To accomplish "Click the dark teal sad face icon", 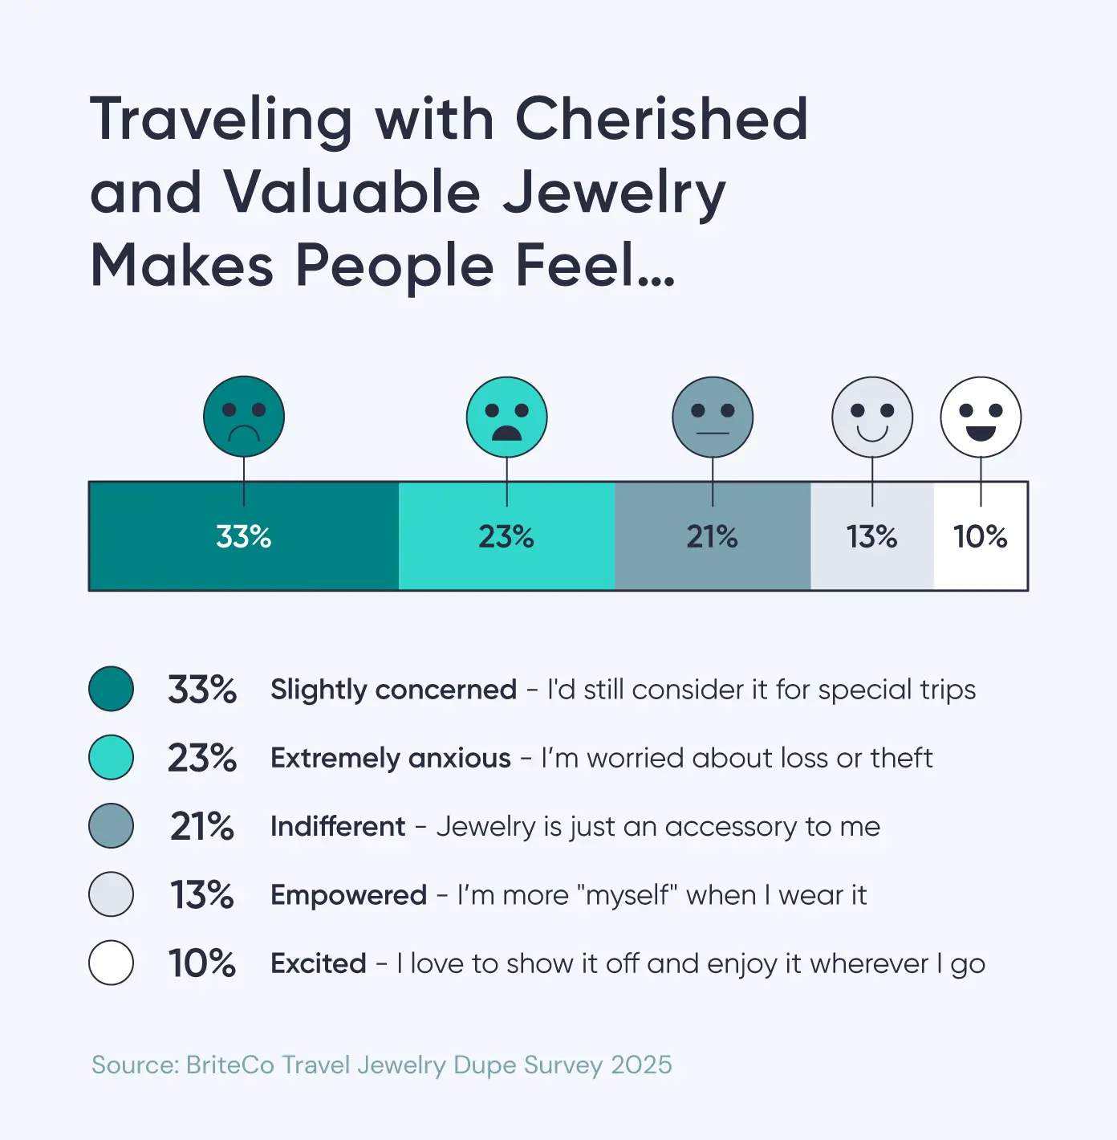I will click(244, 417).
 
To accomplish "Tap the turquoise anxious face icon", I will click(506, 417).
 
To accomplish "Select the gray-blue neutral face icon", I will click(713, 417).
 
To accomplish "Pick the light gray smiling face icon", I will click(872, 417).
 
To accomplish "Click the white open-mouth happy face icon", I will click(981, 417).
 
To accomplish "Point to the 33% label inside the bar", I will click(244, 536).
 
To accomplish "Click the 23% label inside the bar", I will click(506, 536).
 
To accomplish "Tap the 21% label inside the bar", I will click(713, 536).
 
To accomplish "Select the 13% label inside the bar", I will click(872, 536).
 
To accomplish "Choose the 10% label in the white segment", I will click(981, 536).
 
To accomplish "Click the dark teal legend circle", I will click(111, 689).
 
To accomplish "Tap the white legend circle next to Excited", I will click(111, 963).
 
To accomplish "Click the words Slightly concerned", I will click(393, 690).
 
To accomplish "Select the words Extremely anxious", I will click(391, 758).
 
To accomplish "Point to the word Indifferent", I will click(338, 826).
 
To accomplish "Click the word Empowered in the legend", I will click(348, 894).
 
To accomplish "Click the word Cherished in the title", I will click(661, 119).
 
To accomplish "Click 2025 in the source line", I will click(641, 1065).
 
